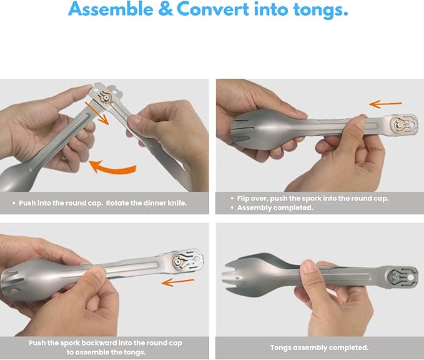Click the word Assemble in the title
111,9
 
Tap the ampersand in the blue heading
165,9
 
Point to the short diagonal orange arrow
97,113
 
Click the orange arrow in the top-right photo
386,104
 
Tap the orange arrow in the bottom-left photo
178,282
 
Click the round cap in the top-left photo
106,97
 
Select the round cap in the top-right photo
400,125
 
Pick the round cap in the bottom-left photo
179,262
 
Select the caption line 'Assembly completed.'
275,207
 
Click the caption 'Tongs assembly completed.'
319,347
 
